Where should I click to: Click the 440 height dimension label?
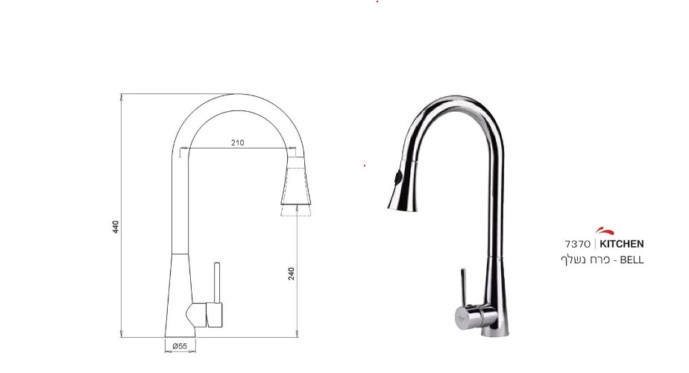pyautogui.click(x=116, y=227)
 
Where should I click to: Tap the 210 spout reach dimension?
pyautogui.click(x=237, y=142)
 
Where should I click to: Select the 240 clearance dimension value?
pyautogui.click(x=292, y=274)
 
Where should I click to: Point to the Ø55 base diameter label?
pyautogui.click(x=180, y=346)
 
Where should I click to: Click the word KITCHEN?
pyautogui.click(x=622, y=244)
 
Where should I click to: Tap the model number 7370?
pyautogui.click(x=577, y=244)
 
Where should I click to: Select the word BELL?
pyautogui.click(x=632, y=260)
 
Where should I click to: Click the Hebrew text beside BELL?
pyautogui.click(x=585, y=260)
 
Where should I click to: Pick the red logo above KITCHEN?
pyautogui.click(x=605, y=231)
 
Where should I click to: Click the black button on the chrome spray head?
pyautogui.click(x=398, y=178)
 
